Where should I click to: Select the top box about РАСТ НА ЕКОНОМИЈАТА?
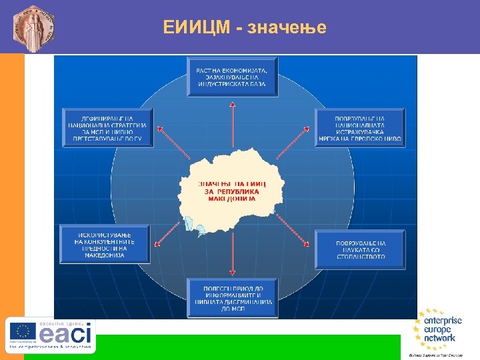(x=232, y=77)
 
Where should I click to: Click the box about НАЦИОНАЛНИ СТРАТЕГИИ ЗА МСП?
(x=107, y=127)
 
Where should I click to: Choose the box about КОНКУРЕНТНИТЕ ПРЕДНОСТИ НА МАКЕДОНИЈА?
(x=105, y=245)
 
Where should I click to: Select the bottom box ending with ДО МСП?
(x=231, y=297)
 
